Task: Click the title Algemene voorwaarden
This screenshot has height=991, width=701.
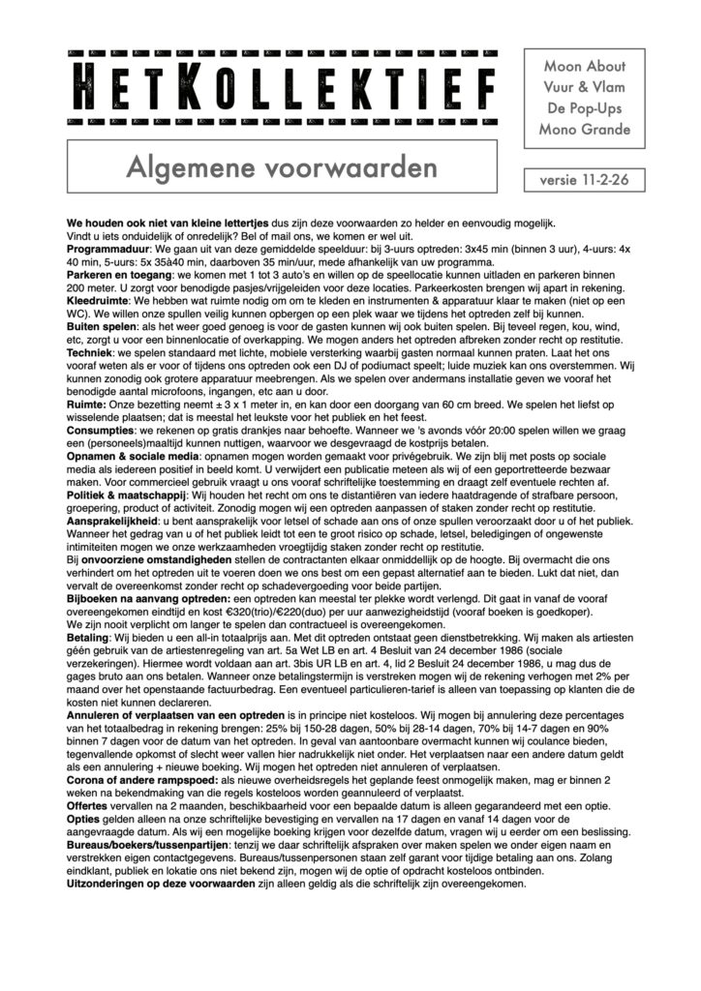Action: [281, 166]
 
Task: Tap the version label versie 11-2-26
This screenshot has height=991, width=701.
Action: [585, 181]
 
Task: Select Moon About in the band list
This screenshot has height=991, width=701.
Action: [585, 67]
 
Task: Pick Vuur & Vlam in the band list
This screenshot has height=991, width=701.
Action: [585, 88]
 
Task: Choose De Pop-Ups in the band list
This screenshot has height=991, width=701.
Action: [585, 108]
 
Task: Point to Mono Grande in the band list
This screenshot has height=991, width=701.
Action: [585, 130]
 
